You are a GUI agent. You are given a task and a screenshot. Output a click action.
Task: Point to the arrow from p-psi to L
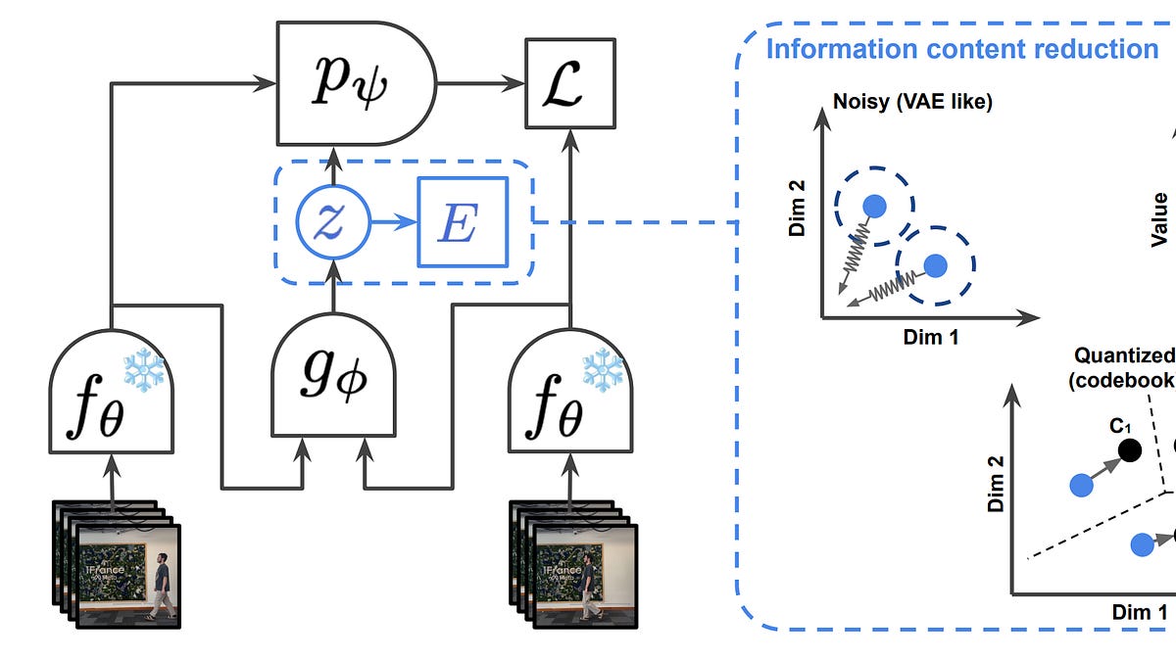(480, 84)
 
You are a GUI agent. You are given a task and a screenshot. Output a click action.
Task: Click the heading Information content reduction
(961, 49)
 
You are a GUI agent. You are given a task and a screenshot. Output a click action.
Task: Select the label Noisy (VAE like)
(911, 102)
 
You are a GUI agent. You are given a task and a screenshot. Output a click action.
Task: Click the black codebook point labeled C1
(1129, 450)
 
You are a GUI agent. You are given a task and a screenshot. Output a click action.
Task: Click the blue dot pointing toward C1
(1080, 484)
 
